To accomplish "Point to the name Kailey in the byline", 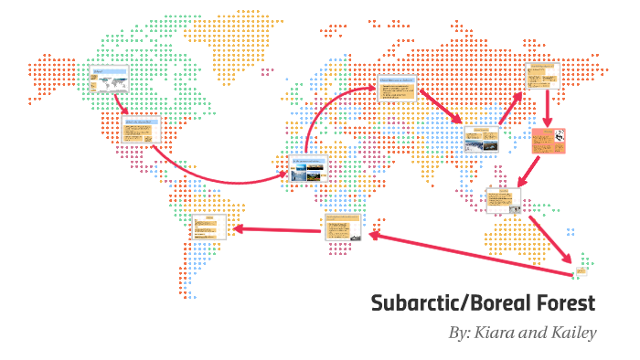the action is tap(571, 333).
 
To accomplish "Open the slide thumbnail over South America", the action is tap(209, 227).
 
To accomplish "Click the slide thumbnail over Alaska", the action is tap(108, 80).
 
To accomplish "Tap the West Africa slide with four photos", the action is tap(308, 169).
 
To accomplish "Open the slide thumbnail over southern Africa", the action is tap(343, 228).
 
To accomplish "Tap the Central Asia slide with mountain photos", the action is tap(480, 139).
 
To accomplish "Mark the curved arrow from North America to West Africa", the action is tap(219, 174).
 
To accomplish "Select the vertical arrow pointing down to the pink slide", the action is tap(547, 110).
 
